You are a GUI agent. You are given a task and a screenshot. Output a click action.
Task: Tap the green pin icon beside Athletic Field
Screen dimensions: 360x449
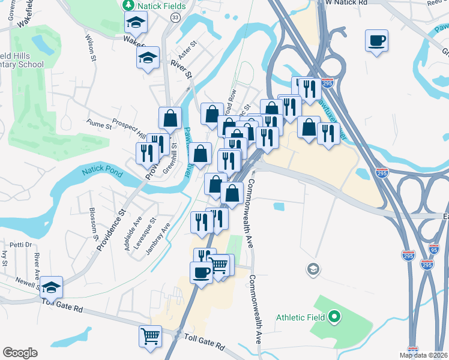[x=336, y=317]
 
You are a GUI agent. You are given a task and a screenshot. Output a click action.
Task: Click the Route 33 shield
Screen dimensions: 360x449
[x=175, y=19]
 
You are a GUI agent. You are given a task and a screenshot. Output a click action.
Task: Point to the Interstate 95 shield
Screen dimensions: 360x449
[x=433, y=248]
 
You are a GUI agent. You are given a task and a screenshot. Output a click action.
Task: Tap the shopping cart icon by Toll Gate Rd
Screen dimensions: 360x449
[x=150, y=335]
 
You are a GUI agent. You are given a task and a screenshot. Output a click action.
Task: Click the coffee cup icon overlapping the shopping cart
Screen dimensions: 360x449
[x=201, y=272]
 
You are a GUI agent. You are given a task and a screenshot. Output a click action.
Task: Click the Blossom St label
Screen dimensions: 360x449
[x=94, y=222]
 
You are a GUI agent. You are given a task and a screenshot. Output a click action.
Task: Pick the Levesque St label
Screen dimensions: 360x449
[x=148, y=229]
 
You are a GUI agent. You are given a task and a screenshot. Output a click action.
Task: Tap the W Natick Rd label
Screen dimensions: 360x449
[x=346, y=3]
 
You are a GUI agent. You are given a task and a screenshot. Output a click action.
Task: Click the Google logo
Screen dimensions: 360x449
[x=20, y=353]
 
